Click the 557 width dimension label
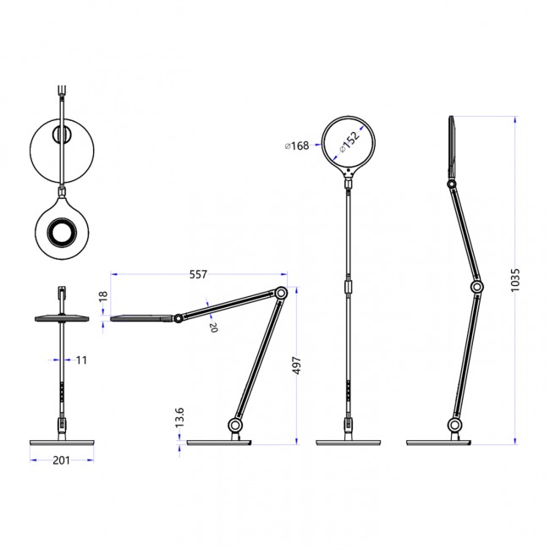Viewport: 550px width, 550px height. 197,274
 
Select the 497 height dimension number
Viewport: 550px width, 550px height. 296,366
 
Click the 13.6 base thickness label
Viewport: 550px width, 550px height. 179,417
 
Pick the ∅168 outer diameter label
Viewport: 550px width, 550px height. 296,146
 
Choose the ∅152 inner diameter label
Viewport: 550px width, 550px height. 349,140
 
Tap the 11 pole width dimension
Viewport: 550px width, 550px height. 82,360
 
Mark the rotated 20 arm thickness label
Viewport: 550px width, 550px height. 213,327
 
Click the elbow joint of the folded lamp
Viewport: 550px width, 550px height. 281,294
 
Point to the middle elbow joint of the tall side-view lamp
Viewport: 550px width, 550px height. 477,289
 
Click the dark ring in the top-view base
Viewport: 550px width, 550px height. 62,230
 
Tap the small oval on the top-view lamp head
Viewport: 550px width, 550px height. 62,135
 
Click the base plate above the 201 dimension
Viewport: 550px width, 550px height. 62,442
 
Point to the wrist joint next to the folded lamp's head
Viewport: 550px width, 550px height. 179,319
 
